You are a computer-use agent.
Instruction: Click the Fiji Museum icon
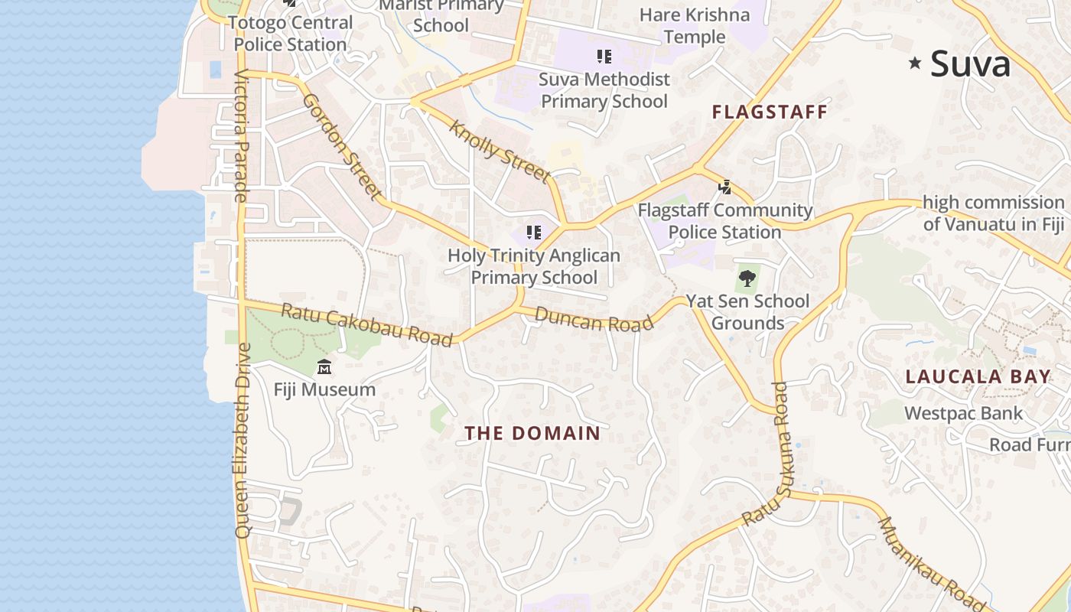(x=324, y=367)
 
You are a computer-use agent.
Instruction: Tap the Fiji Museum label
(x=324, y=389)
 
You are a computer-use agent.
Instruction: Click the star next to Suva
(x=914, y=63)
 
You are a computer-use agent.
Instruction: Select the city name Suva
(x=970, y=64)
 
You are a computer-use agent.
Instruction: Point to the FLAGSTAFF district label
(x=770, y=112)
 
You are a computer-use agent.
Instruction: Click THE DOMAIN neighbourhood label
(x=532, y=433)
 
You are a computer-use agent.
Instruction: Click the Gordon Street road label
(x=342, y=146)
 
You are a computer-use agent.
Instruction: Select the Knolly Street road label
(x=500, y=151)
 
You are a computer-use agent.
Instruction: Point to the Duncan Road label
(x=594, y=319)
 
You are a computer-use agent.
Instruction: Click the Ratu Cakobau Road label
(x=366, y=324)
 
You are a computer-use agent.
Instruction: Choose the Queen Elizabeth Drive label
(x=243, y=440)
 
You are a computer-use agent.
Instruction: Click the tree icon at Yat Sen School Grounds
(x=747, y=278)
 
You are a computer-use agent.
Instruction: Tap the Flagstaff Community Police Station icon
(x=724, y=187)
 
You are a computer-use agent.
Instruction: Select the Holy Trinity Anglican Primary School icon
(x=534, y=232)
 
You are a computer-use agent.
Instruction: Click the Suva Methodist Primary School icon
(x=604, y=56)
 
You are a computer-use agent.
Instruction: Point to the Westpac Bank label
(x=963, y=414)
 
